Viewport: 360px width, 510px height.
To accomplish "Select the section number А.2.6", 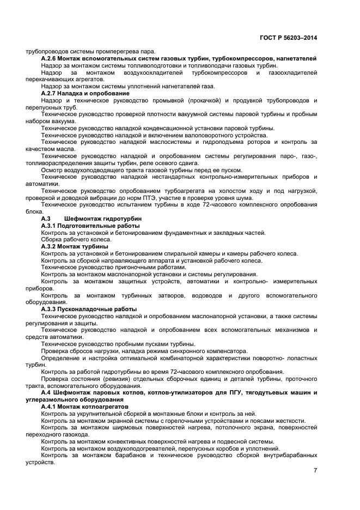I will click(x=51, y=58).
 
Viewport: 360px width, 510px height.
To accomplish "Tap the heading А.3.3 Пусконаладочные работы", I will click(x=89, y=309).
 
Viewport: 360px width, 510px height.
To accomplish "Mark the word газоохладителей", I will click(x=292, y=72).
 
